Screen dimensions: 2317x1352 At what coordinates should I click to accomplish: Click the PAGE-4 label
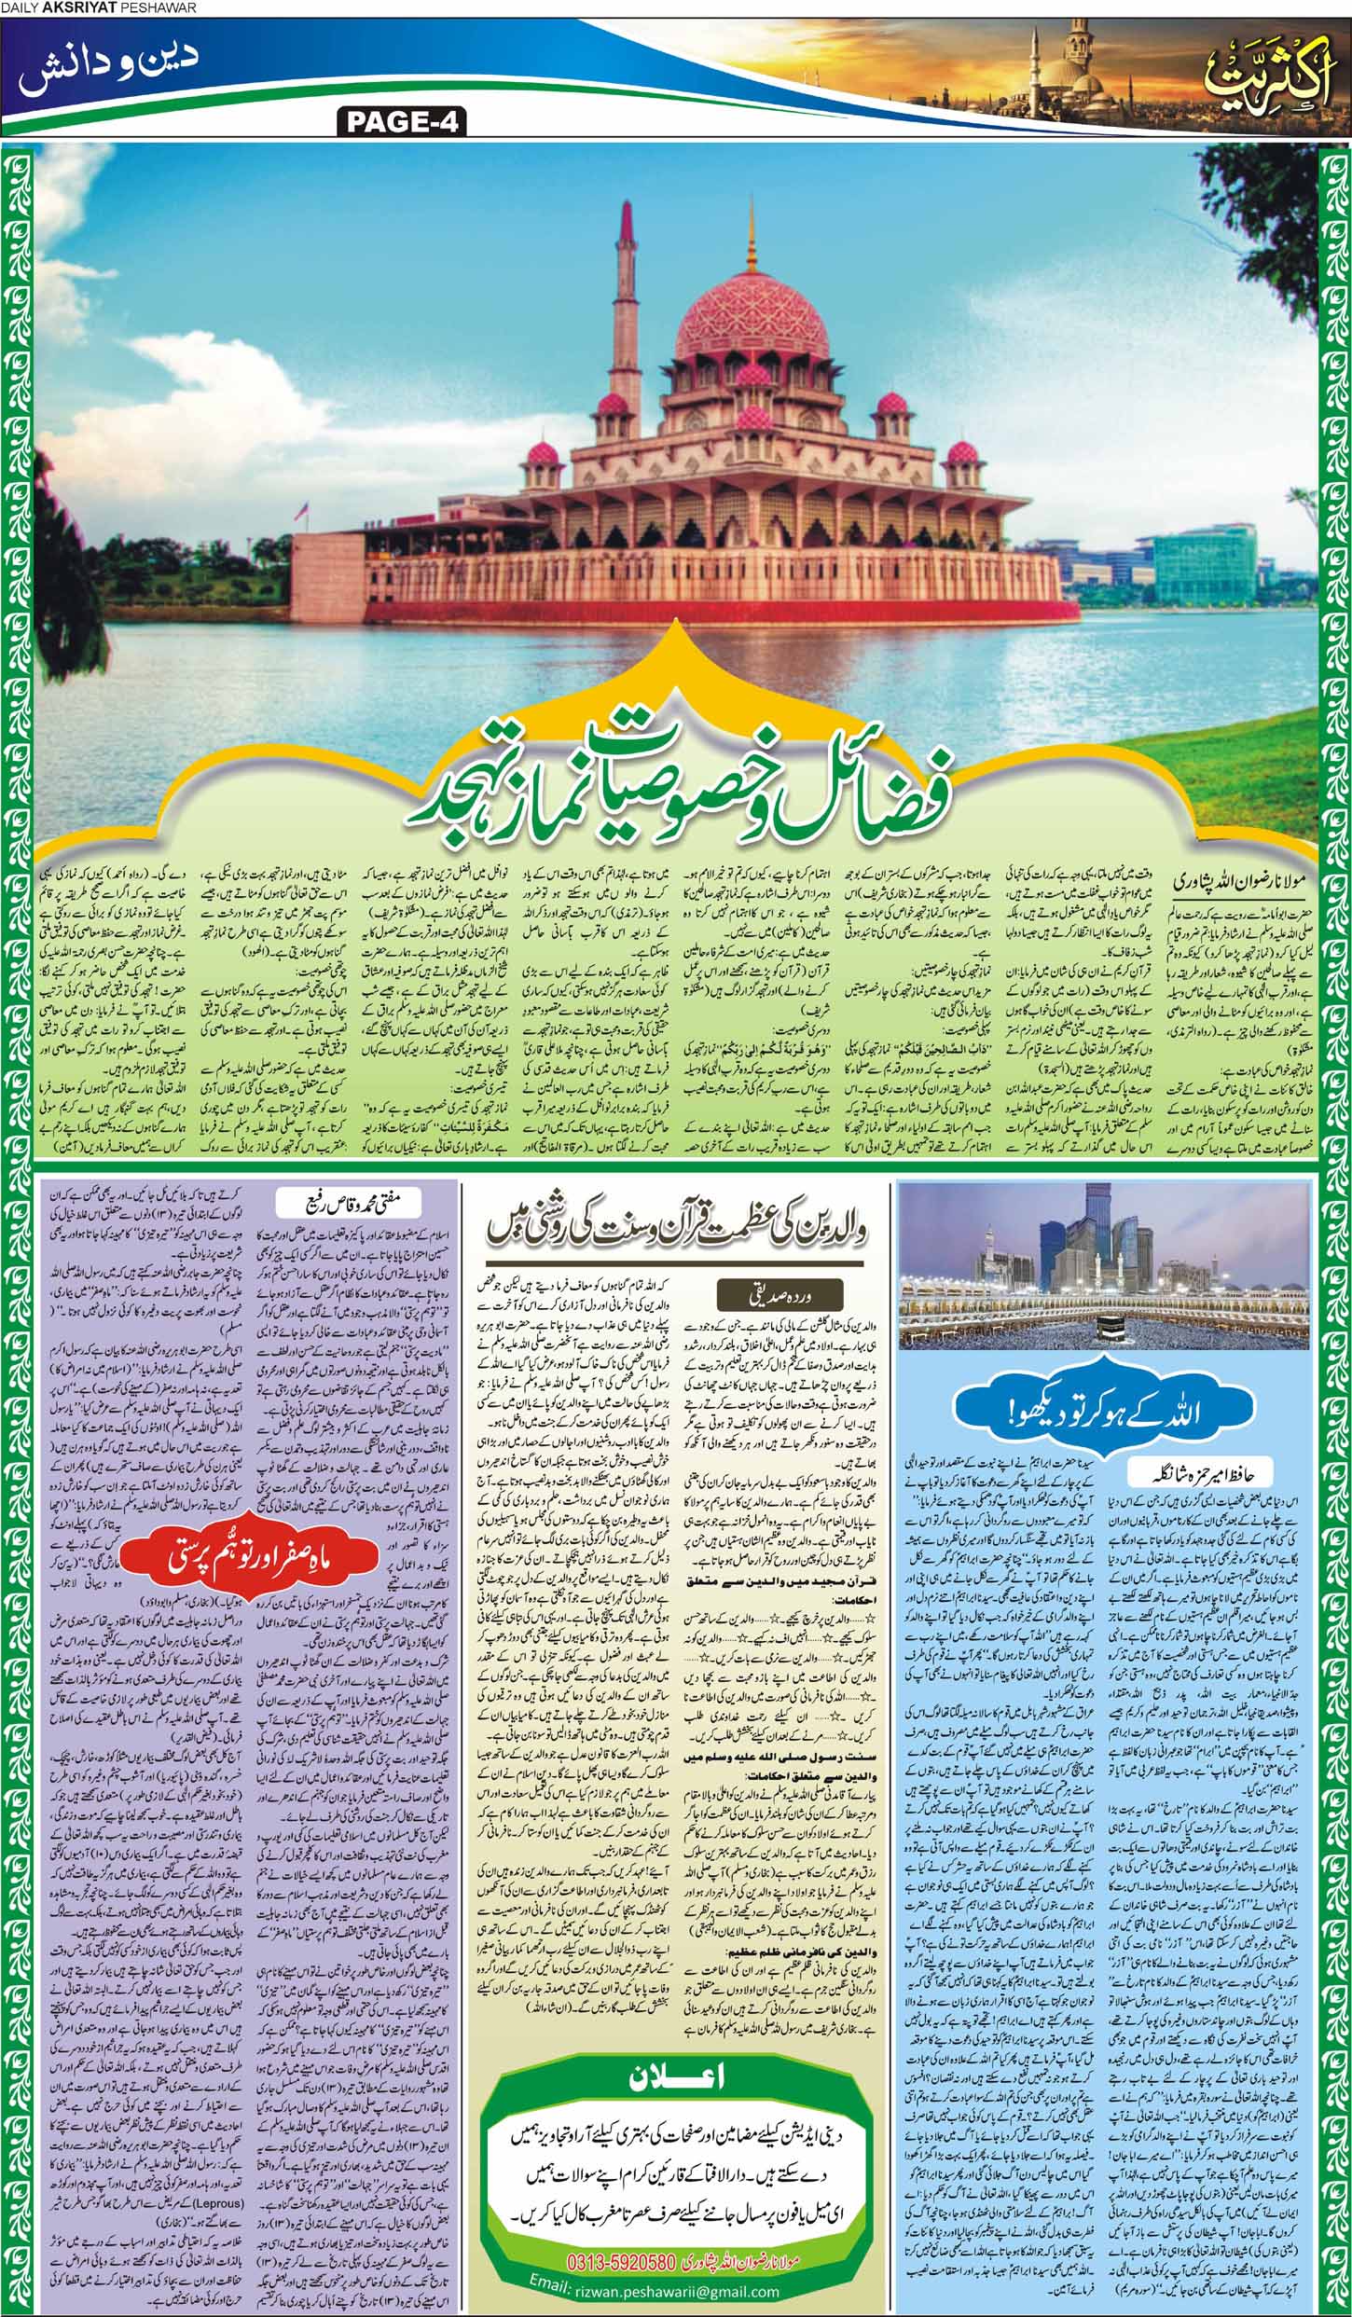click(x=396, y=120)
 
